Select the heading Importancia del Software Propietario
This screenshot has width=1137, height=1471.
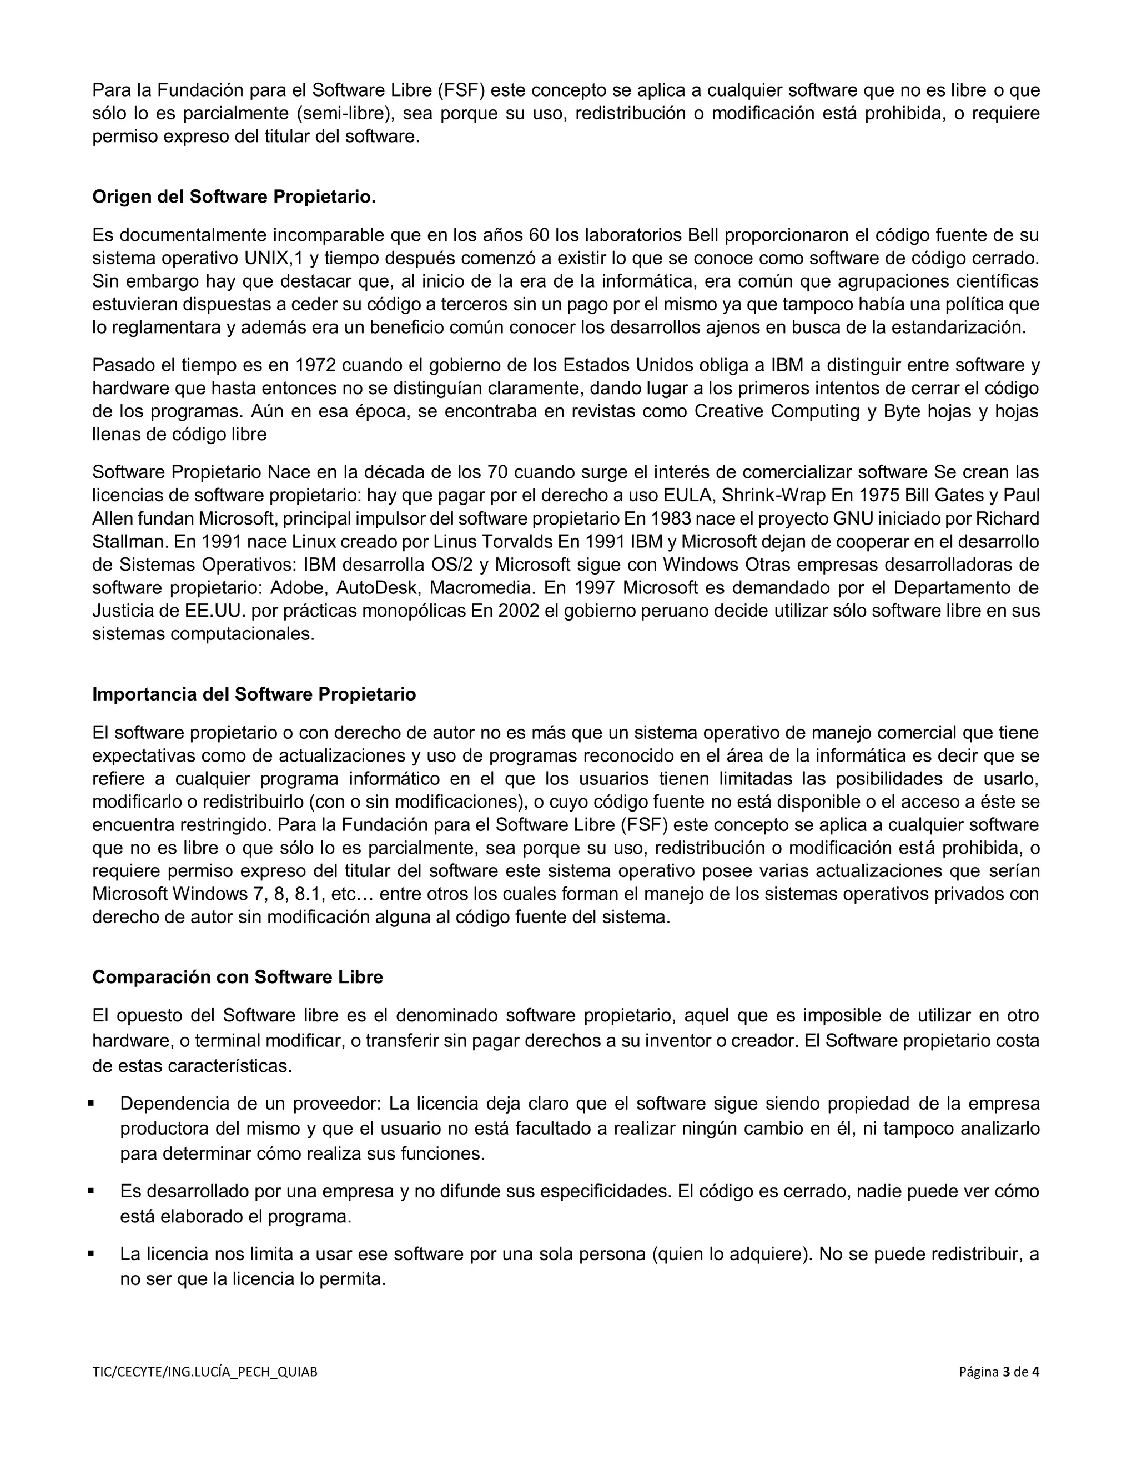[x=254, y=694]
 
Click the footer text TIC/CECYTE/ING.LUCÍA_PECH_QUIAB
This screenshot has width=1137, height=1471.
[x=204, y=1390]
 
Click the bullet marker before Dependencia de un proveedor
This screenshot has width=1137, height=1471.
[x=91, y=1104]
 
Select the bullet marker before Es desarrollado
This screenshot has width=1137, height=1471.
[x=91, y=1191]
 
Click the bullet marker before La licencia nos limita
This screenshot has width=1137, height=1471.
[x=91, y=1254]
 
